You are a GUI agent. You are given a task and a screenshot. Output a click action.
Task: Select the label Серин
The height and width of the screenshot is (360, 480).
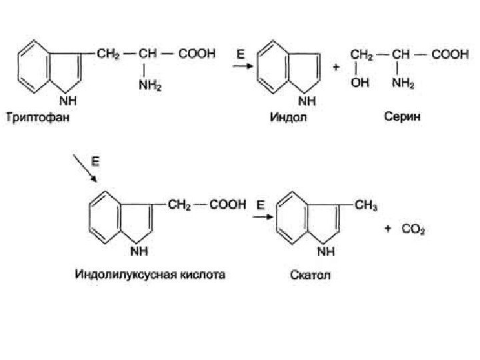(x=401, y=118)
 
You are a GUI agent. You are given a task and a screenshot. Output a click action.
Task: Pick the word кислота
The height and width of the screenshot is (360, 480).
(x=204, y=274)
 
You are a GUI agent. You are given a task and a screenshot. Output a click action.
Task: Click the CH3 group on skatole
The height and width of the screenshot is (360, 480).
(x=366, y=206)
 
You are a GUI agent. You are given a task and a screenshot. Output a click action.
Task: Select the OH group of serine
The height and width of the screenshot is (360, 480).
(x=360, y=84)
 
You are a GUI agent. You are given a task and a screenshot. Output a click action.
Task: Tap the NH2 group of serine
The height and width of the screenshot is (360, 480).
(x=403, y=84)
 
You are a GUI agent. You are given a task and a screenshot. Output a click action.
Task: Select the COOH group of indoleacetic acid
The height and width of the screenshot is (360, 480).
(x=229, y=206)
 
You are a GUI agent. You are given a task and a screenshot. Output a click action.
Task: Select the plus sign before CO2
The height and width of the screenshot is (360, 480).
(x=389, y=231)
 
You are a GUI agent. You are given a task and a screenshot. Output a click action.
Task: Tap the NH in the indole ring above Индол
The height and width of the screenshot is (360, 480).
(x=306, y=101)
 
